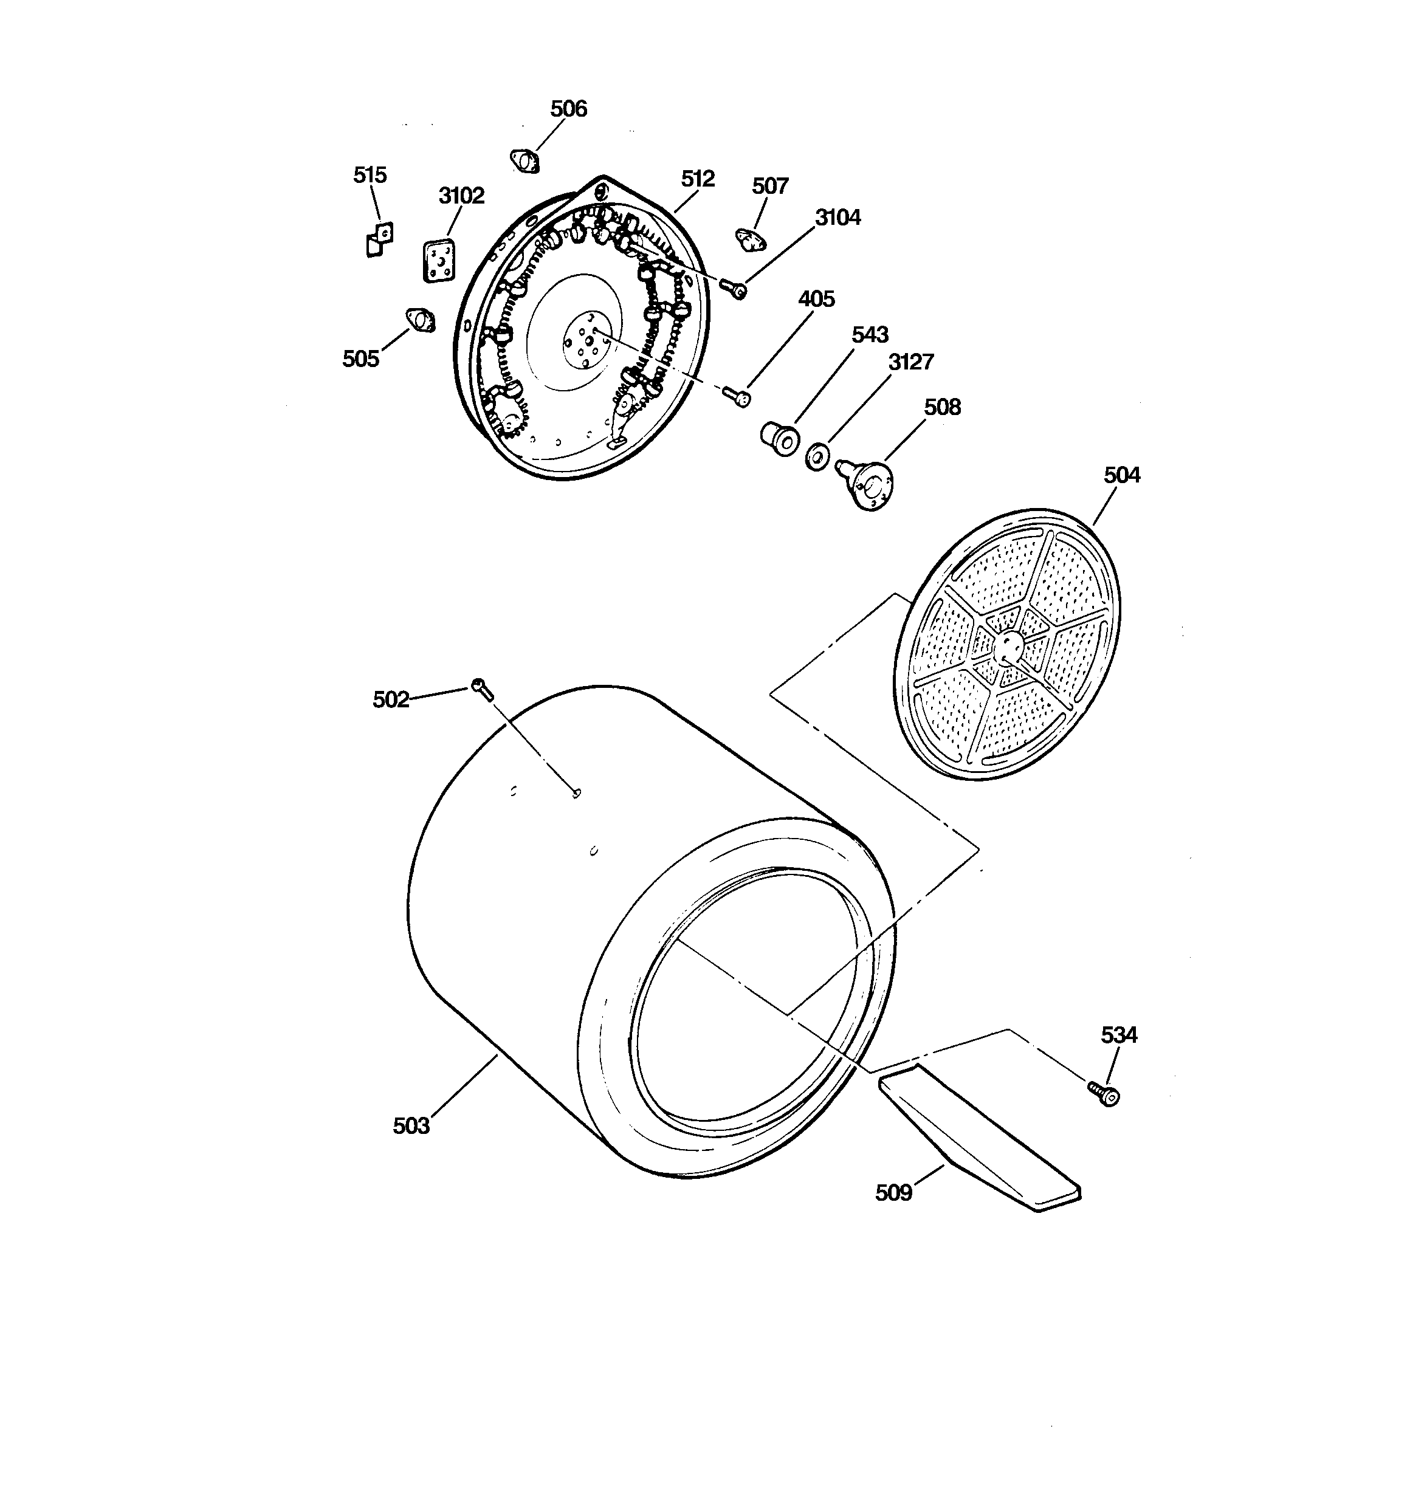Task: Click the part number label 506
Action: tap(568, 109)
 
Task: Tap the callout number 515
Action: tap(370, 175)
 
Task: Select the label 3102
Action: tap(462, 196)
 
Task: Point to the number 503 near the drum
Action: tap(411, 1126)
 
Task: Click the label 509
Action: tap(894, 1192)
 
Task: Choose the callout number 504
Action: tap(1122, 475)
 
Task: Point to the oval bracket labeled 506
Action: tap(524, 161)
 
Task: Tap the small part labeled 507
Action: tap(750, 240)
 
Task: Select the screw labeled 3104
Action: tap(734, 288)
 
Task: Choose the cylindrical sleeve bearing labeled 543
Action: tap(779, 439)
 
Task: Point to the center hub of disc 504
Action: tap(1009, 645)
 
